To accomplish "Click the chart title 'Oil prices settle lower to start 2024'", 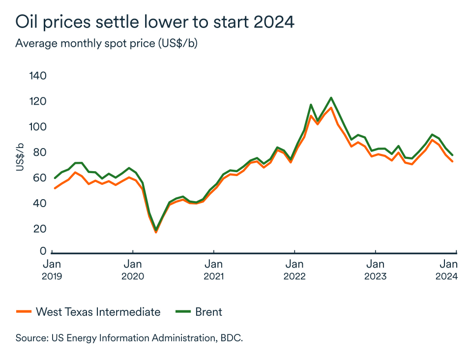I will pyautogui.click(x=155, y=21).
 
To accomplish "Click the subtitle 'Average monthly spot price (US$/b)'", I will pyautogui.click(x=106, y=43).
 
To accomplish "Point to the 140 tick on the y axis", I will pyautogui.click(x=37, y=76).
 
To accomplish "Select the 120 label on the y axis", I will pyautogui.click(x=37, y=101).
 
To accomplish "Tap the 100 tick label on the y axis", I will pyautogui.click(x=37, y=127).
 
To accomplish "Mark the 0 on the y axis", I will pyautogui.click(x=43, y=251).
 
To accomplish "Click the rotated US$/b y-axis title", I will pyautogui.click(x=20, y=158).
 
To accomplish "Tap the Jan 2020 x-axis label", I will pyautogui.click(x=132, y=270).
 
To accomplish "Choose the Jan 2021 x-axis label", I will pyautogui.click(x=213, y=270).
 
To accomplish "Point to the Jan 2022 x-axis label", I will pyautogui.click(x=294, y=270).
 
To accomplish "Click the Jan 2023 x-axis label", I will pyautogui.click(x=375, y=270).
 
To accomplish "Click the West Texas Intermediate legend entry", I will pyautogui.click(x=88, y=312).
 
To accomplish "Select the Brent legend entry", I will pyautogui.click(x=199, y=312).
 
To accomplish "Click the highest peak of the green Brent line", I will pyautogui.click(x=331, y=97).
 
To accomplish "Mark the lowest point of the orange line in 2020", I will pyautogui.click(x=156, y=232).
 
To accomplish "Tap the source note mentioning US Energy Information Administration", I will pyautogui.click(x=129, y=338).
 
